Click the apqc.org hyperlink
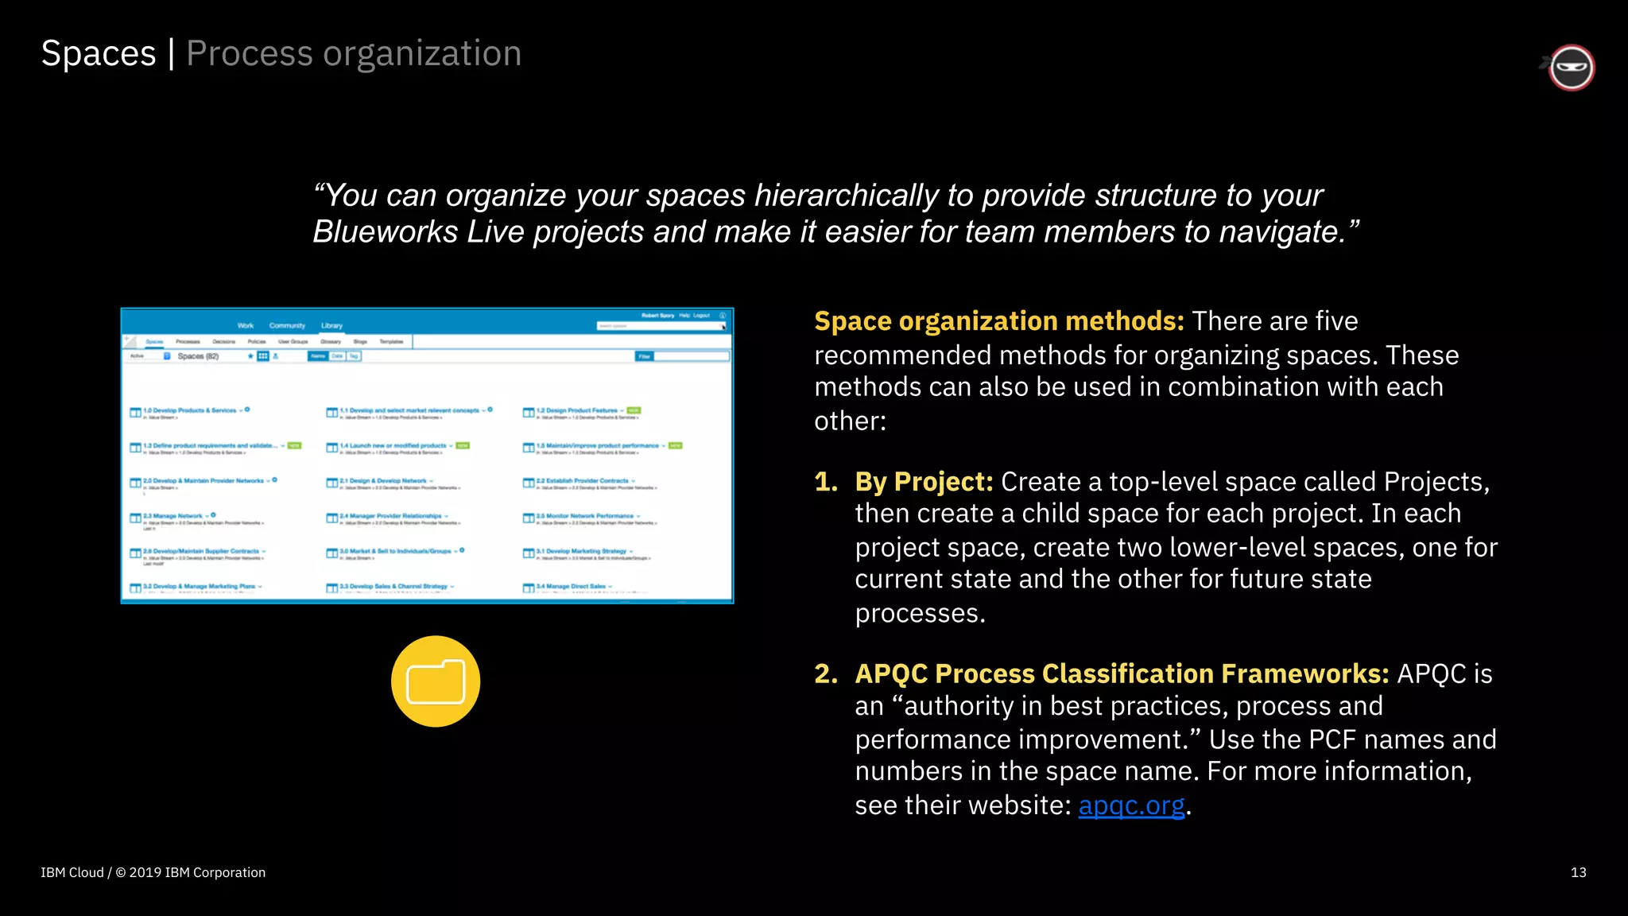(1130, 805)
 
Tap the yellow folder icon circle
(436, 681)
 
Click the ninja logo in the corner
(1571, 68)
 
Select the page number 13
(1578, 872)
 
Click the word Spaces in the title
(99, 54)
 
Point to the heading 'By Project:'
(924, 482)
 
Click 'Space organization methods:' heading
(998, 321)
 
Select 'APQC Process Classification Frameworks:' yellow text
(1121, 673)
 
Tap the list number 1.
(825, 482)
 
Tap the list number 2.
(825, 673)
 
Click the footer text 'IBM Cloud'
(72, 872)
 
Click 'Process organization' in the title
(354, 54)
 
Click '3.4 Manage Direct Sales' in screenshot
(570, 586)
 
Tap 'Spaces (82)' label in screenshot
(198, 356)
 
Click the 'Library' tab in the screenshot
(331, 326)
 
